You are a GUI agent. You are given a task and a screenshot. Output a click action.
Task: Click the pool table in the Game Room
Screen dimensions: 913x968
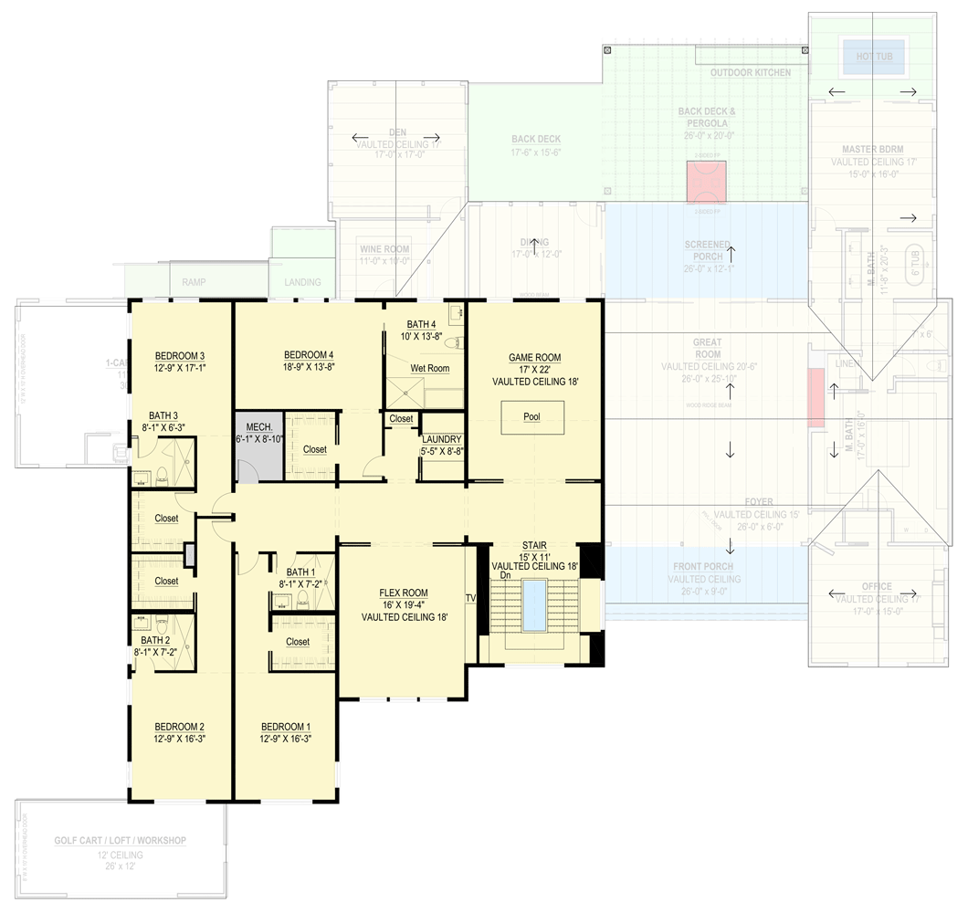click(531, 416)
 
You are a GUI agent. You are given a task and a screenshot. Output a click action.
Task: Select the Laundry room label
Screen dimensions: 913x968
click(442, 439)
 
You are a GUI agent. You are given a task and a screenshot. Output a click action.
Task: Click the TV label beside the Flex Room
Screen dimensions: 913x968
click(471, 598)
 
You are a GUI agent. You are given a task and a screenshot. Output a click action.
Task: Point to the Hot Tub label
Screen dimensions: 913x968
click(873, 57)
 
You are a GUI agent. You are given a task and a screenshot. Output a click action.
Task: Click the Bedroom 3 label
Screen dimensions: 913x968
click(179, 356)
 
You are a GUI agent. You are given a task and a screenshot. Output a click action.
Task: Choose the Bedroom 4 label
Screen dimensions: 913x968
click(309, 355)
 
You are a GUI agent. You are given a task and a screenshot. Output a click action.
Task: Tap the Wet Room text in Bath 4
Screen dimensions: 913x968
click(429, 368)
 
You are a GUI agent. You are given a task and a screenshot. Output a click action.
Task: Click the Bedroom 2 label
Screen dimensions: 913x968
click(179, 727)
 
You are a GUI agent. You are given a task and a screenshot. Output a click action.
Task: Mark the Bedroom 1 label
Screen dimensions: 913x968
click(285, 727)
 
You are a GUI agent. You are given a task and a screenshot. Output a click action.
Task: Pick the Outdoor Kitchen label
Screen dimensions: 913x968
click(751, 72)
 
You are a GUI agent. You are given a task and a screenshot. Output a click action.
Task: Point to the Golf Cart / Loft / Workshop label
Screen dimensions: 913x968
click(120, 841)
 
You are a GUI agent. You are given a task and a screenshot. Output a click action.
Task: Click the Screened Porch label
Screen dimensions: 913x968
click(708, 251)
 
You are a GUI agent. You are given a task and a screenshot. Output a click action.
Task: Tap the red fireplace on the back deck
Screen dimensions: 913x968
click(706, 183)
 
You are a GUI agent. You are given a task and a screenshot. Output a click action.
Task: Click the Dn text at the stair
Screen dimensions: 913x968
click(505, 575)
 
